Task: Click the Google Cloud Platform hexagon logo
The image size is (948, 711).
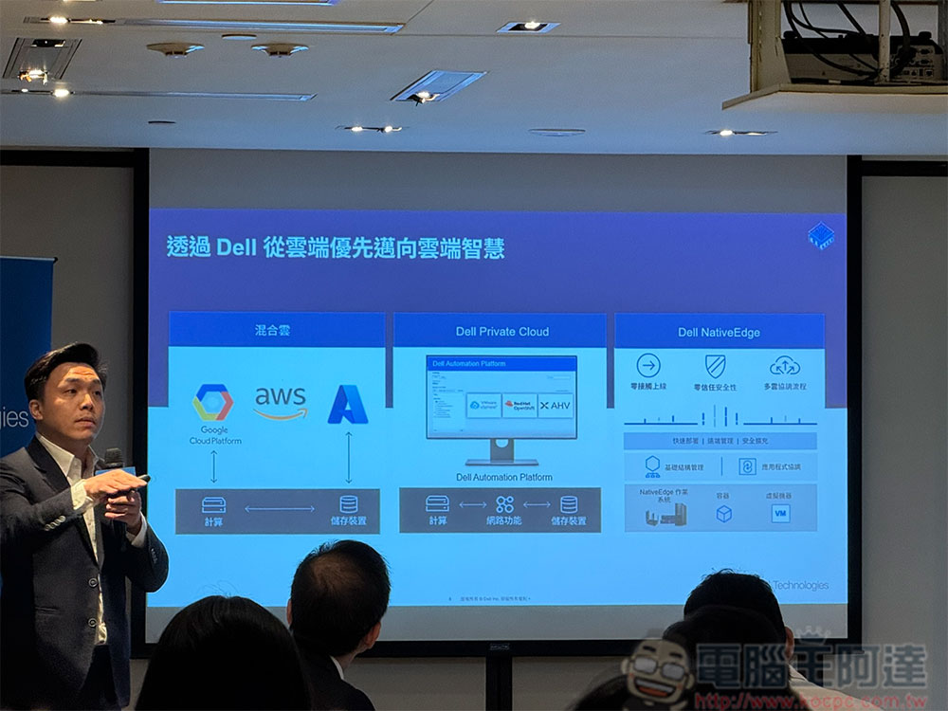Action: pos(212,402)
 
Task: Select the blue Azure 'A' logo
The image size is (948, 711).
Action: pos(348,405)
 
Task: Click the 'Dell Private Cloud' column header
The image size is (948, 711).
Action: pos(501,332)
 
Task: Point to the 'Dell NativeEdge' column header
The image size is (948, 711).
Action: pos(719,333)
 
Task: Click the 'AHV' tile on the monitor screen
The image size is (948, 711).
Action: pos(556,405)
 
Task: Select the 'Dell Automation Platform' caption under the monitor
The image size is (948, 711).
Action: pos(503,477)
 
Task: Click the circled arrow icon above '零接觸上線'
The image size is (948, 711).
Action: pos(648,366)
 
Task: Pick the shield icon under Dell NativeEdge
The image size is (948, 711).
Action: pos(715,366)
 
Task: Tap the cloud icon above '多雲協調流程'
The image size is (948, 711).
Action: pos(784,366)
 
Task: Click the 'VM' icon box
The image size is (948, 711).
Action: pos(780,513)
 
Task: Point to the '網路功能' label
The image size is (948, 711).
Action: pos(503,520)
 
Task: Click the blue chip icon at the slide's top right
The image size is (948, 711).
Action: pos(821,236)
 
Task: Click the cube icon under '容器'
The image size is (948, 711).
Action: pos(723,513)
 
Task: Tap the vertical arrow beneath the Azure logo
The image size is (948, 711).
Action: pos(348,457)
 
